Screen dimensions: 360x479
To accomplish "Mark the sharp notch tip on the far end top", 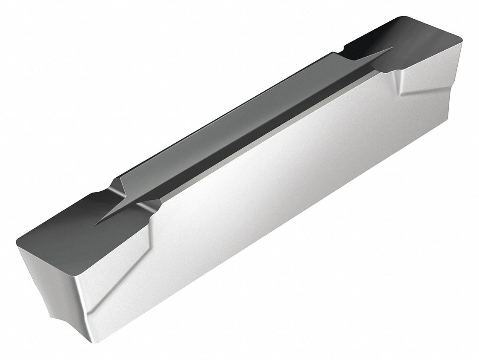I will [x=391, y=48].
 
